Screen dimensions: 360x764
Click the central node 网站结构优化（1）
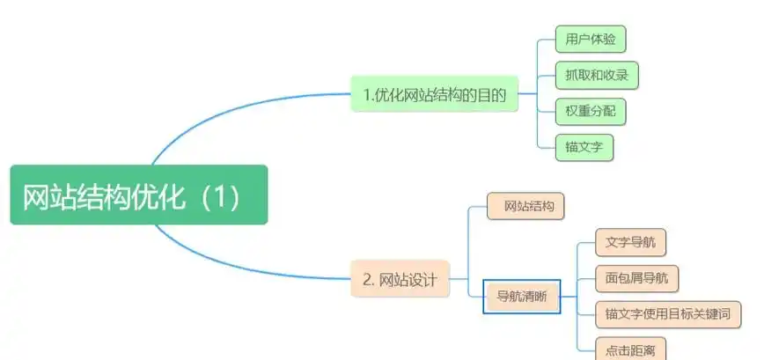(x=138, y=195)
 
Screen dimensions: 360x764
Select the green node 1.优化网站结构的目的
(x=434, y=96)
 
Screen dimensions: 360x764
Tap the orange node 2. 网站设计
(x=400, y=280)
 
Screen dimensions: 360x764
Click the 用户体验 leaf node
(x=590, y=40)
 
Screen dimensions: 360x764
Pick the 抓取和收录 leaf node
(x=596, y=76)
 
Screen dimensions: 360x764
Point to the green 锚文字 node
(x=584, y=147)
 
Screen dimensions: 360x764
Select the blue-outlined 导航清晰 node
(x=522, y=297)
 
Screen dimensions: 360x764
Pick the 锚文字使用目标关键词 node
(x=667, y=313)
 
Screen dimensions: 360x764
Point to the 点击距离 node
(x=625, y=349)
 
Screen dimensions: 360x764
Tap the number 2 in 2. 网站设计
(x=367, y=280)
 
